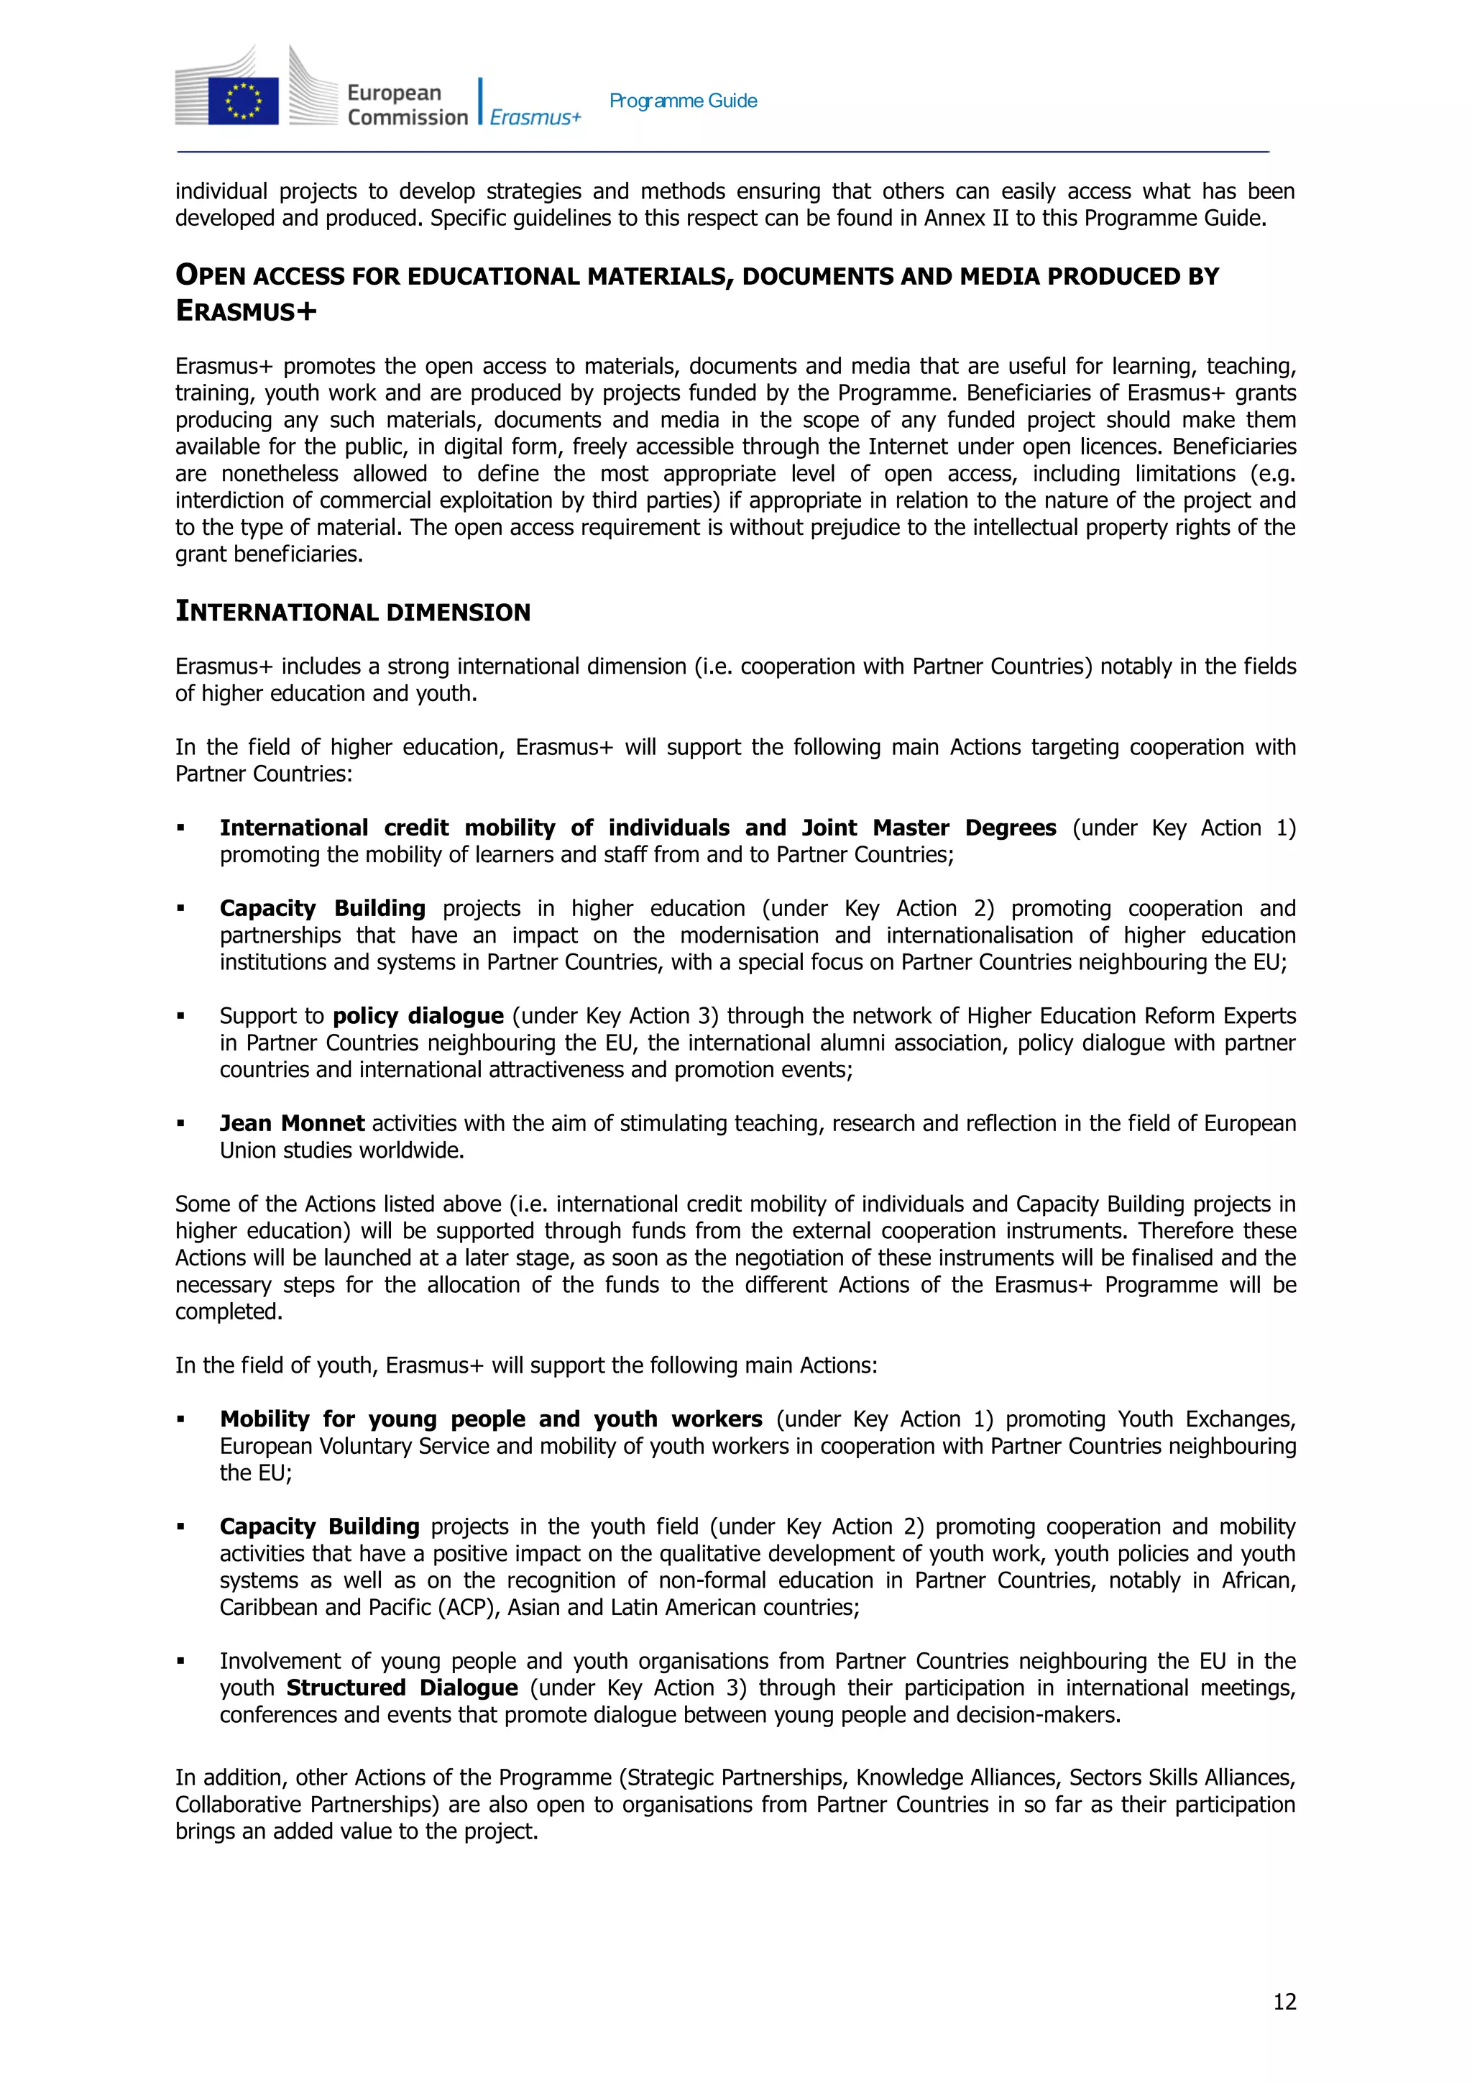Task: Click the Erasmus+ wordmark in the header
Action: pos(535,118)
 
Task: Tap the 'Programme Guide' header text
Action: pos(683,101)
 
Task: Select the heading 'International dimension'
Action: pos(353,613)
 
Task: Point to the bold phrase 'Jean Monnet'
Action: pos(292,1123)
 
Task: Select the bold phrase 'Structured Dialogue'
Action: pos(402,1688)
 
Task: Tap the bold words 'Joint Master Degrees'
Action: pos(929,828)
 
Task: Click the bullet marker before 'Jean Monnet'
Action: pos(180,1124)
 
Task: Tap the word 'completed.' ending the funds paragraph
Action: pos(229,1312)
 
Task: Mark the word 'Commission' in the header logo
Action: pos(408,118)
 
